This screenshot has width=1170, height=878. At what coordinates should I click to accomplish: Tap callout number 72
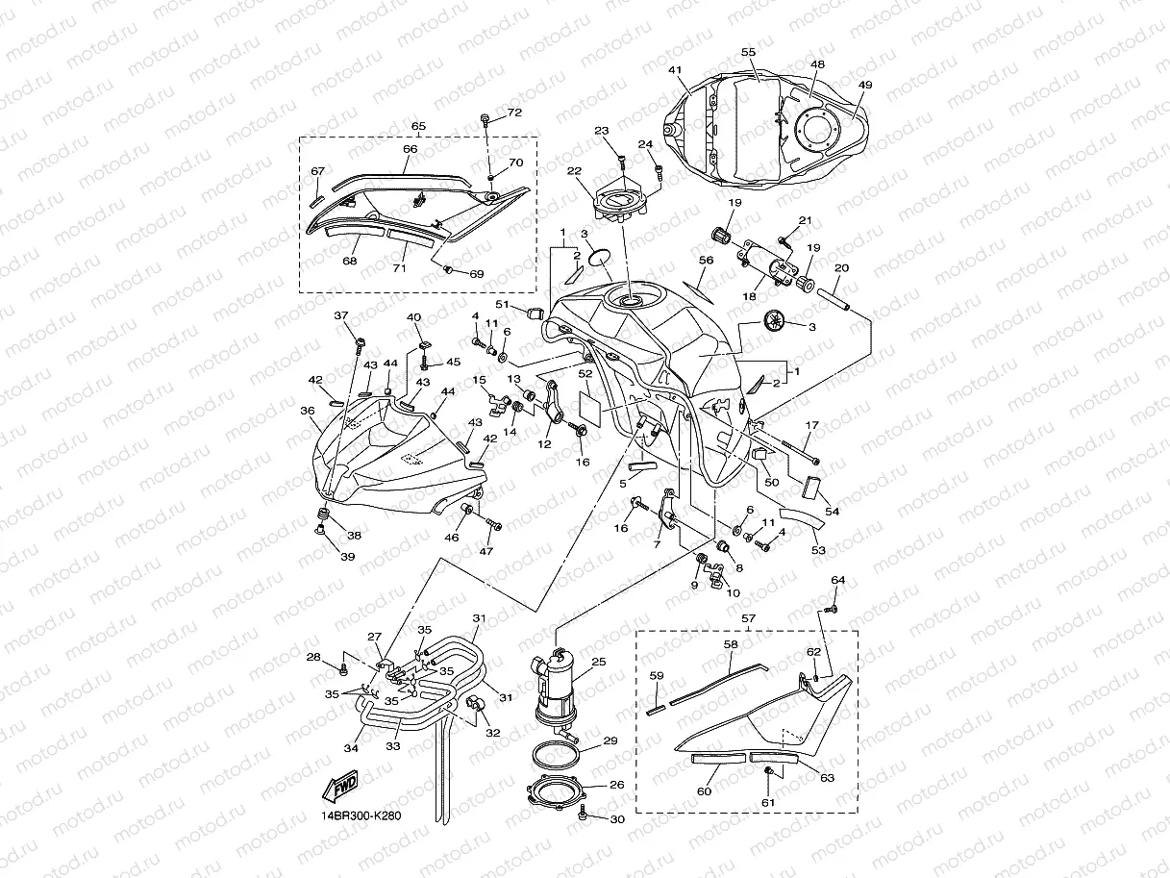(x=514, y=113)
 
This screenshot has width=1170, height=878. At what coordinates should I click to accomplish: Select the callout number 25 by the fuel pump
(x=599, y=663)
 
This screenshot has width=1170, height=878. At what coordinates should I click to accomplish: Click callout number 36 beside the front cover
(x=308, y=411)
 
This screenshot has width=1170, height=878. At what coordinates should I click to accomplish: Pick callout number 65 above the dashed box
(x=418, y=126)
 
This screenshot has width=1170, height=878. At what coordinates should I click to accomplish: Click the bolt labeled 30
(x=584, y=815)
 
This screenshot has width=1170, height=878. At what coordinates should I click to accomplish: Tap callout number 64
(x=837, y=580)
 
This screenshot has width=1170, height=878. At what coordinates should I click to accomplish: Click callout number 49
(x=864, y=86)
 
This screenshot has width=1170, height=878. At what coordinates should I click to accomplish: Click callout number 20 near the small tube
(x=842, y=267)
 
